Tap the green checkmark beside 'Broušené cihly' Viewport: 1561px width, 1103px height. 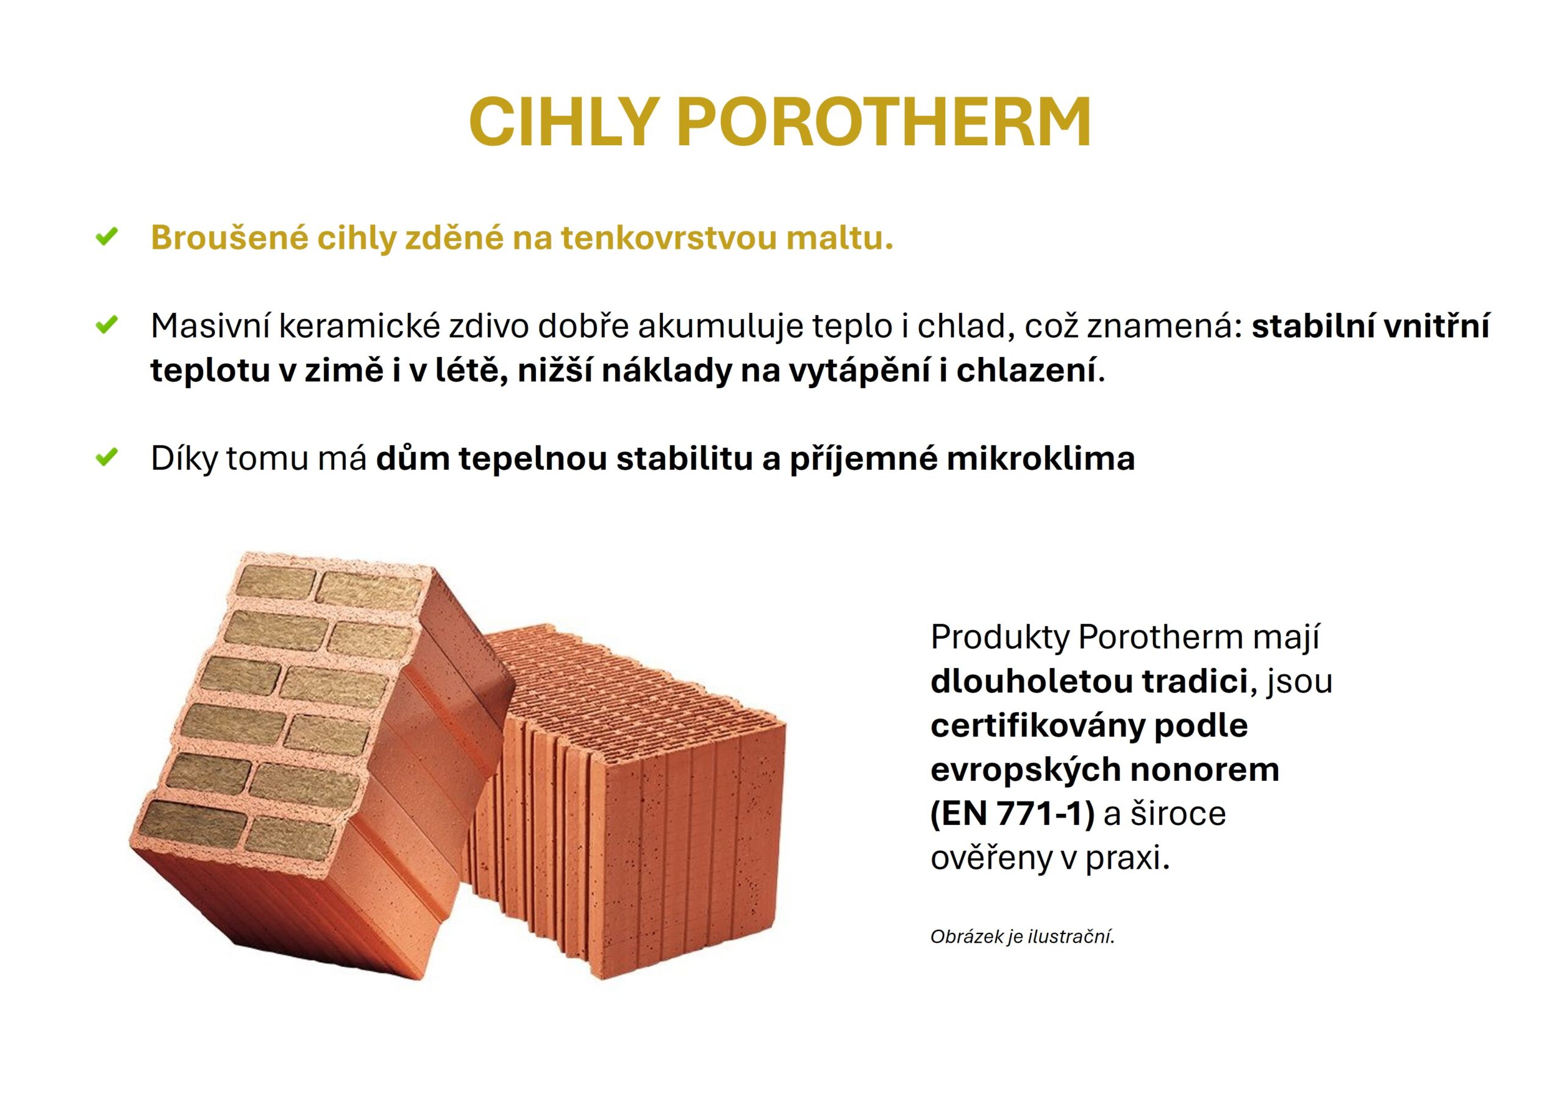[107, 237]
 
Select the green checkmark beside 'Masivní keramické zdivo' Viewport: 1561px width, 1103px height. [107, 325]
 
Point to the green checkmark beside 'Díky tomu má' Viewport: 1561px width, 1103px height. [107, 457]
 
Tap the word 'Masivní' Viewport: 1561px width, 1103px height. [210, 326]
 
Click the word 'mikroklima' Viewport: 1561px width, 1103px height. [1040, 458]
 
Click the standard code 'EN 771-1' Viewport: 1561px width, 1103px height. [1012, 813]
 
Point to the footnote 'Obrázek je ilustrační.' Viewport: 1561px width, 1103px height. [1023, 936]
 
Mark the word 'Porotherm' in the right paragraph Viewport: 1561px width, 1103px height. [1160, 637]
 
